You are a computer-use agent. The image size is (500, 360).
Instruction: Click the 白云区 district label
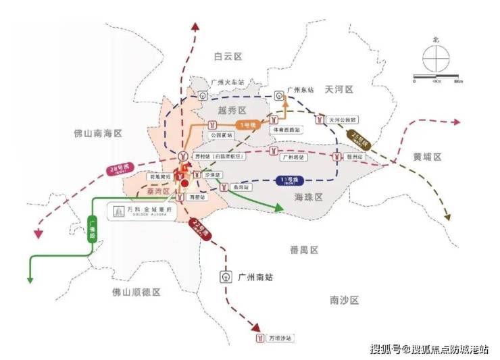[228, 56]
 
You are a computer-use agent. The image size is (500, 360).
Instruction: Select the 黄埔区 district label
[427, 156]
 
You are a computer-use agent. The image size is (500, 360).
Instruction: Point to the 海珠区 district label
[309, 196]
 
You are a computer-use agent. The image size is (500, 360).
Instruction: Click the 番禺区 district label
[303, 250]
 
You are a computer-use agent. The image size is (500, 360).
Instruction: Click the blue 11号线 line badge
[291, 180]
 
